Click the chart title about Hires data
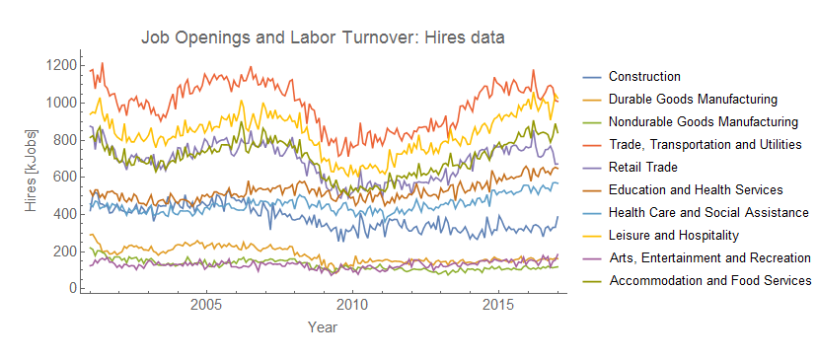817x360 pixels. (323, 38)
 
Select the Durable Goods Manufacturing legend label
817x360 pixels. (693, 99)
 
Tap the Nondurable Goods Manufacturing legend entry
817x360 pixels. (703, 121)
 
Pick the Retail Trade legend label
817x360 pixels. (642, 167)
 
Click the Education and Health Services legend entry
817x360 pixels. (696, 189)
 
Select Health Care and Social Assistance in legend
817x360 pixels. (708, 212)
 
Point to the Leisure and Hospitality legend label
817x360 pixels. (672, 235)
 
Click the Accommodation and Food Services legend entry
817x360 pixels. (709, 280)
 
